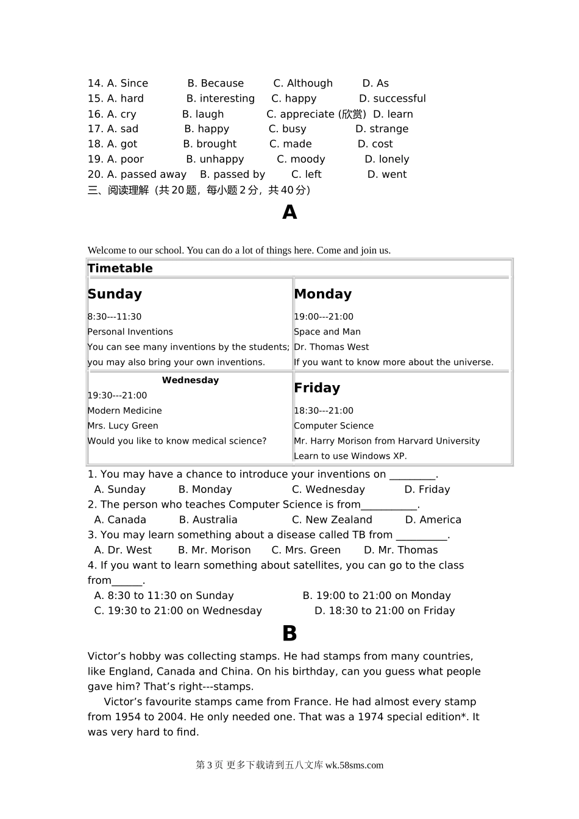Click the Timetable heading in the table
(x=120, y=268)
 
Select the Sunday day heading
(x=115, y=294)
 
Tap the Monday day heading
(x=322, y=294)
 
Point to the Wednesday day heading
(x=190, y=380)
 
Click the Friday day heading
(x=317, y=388)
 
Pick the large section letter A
(x=289, y=212)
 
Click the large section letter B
(x=289, y=634)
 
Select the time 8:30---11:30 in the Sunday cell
(x=115, y=317)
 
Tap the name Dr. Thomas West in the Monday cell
(x=331, y=347)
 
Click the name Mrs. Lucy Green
(x=123, y=426)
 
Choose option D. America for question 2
(x=433, y=520)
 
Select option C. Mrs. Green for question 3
(x=306, y=550)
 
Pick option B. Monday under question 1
(x=205, y=489)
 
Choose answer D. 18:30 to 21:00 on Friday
(x=385, y=611)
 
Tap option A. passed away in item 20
(x=146, y=174)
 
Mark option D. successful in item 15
(x=393, y=99)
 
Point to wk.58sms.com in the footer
(x=354, y=765)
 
